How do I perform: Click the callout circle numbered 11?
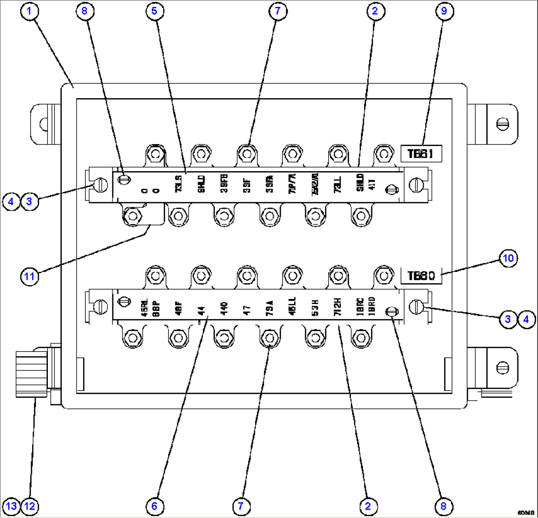(30, 277)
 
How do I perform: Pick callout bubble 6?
(154, 506)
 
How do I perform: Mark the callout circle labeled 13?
(12, 506)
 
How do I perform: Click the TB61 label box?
(420, 154)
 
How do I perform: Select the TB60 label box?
(421, 276)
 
